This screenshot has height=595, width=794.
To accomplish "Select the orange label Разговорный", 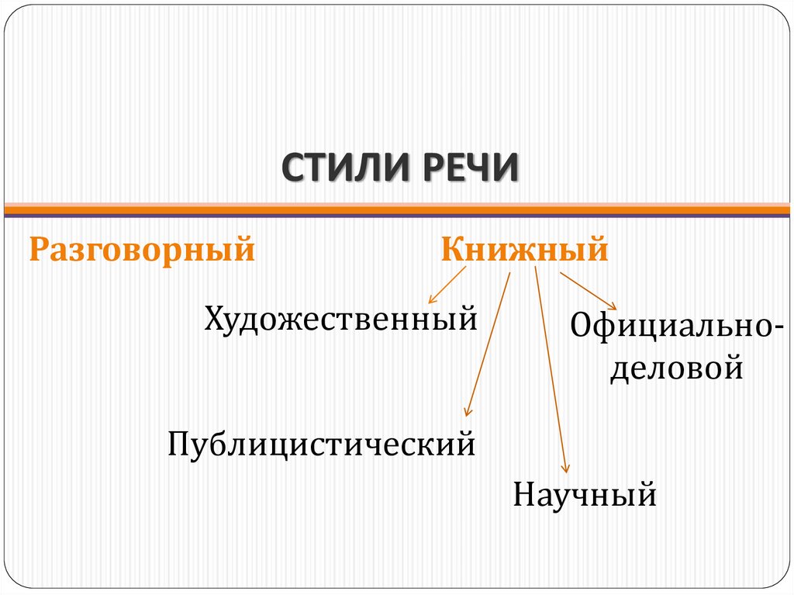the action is pyautogui.click(x=142, y=251).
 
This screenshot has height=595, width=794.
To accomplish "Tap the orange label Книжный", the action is pyautogui.click(x=524, y=251).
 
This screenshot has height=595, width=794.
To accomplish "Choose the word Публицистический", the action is pyautogui.click(x=322, y=445).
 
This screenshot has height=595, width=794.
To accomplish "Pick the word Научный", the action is pyautogui.click(x=585, y=494).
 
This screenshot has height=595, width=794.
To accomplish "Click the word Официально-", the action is pyautogui.click(x=676, y=327).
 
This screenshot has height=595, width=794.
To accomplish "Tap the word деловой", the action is pyautogui.click(x=676, y=367).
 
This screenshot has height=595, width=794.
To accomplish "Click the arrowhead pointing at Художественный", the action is pyautogui.click(x=432, y=299).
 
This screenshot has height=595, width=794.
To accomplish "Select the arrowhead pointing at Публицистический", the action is pyautogui.click(x=467, y=412).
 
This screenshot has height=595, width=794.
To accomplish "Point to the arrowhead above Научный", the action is pyautogui.click(x=565, y=467).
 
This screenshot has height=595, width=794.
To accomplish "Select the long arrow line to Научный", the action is pyautogui.click(x=550, y=365).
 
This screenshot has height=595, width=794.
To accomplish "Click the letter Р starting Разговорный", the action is pyautogui.click(x=38, y=251).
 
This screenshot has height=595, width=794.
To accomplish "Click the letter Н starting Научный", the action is pyautogui.click(x=522, y=494).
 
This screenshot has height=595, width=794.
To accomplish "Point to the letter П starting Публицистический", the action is pyautogui.click(x=178, y=445).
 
